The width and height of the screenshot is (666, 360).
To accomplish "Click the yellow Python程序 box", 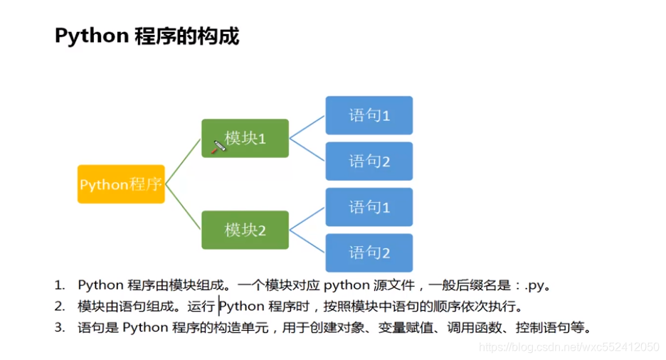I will point(121,184).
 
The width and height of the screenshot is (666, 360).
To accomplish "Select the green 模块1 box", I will point(245,137).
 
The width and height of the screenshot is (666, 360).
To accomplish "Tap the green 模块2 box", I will point(245,230).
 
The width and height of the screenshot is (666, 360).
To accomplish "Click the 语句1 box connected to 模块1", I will point(369,115).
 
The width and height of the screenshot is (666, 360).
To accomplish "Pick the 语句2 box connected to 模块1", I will point(369,162).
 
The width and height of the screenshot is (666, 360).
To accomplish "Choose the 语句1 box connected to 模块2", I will point(369,207).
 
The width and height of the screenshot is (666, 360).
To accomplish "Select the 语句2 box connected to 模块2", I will point(369,253).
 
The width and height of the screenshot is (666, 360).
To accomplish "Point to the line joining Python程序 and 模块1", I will point(183,162).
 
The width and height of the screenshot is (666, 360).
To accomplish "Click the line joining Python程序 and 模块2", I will point(183,207).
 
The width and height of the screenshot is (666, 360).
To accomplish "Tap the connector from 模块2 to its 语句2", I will point(307,241).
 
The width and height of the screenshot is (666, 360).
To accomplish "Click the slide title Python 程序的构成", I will point(147,36).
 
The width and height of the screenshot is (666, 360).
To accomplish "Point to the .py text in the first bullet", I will point(535,286).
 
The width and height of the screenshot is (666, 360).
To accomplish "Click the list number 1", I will point(60,286).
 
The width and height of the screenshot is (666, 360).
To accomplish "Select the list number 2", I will point(60,307).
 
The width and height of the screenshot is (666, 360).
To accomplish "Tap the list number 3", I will point(60,328).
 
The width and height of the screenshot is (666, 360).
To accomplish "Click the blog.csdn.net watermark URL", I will point(569,347).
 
